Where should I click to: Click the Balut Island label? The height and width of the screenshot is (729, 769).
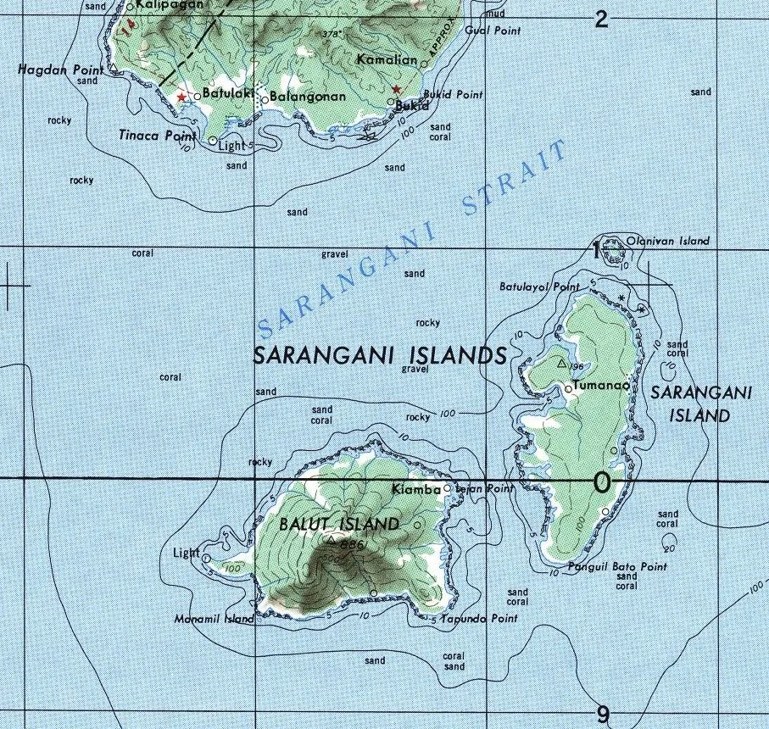[x=338, y=525]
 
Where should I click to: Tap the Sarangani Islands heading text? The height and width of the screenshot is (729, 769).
[x=381, y=356]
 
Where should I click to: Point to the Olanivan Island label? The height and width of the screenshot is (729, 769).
[x=667, y=242]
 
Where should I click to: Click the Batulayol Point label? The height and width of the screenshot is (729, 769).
[x=539, y=287]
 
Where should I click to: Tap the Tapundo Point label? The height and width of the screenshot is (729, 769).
[x=479, y=620]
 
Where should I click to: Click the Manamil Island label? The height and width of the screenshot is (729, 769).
[x=214, y=620]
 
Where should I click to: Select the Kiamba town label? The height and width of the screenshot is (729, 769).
[x=416, y=490]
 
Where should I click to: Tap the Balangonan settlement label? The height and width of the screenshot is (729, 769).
[x=307, y=97]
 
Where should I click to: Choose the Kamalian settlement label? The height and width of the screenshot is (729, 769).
[x=387, y=60]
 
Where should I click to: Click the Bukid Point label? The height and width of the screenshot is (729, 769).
[x=452, y=95]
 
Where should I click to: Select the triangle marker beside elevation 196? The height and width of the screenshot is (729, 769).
[x=561, y=364]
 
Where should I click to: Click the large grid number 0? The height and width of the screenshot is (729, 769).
[x=602, y=483]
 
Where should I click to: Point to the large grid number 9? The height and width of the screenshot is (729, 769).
[x=603, y=715]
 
